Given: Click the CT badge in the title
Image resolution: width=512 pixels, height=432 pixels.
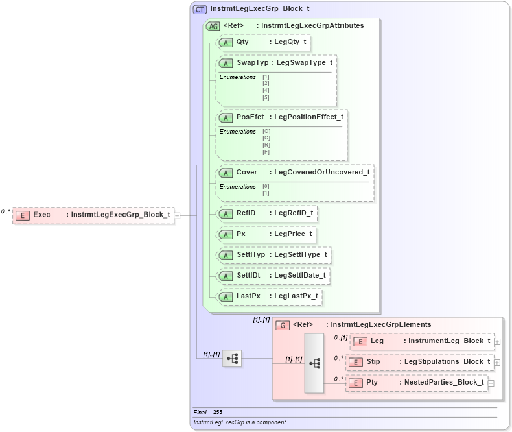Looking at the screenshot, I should click(200, 9).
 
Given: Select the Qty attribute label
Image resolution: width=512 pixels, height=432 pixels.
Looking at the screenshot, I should click(242, 42).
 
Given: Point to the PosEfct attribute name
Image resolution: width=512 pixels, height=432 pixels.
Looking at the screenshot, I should click(250, 117).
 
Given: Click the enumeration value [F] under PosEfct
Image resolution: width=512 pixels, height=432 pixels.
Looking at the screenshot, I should click(266, 152).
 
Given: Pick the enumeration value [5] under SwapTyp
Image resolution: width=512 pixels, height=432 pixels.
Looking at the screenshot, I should click(266, 97).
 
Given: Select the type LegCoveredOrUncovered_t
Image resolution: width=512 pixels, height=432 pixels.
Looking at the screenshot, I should click(322, 173).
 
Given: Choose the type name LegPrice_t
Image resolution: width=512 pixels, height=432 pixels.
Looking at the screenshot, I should click(293, 234).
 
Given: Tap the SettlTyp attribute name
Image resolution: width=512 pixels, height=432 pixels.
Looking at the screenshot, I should click(251, 255).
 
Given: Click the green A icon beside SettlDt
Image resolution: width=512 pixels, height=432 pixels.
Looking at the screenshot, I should click(226, 276).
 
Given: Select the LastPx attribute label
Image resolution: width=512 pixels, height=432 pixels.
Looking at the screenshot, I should click(248, 296).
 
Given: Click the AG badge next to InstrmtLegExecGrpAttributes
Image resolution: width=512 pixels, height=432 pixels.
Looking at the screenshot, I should click(212, 26).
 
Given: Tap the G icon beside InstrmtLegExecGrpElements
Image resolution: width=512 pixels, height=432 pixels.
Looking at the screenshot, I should click(283, 325).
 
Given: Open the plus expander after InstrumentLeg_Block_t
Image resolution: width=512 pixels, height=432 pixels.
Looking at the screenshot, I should click(497, 341).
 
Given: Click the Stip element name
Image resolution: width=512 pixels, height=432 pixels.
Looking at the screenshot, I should click(373, 361).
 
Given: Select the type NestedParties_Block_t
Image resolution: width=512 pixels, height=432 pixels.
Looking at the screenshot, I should click(444, 383).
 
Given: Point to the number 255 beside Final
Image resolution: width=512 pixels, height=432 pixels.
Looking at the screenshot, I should click(217, 412).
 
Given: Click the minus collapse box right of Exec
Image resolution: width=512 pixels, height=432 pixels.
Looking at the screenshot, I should click(177, 215).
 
